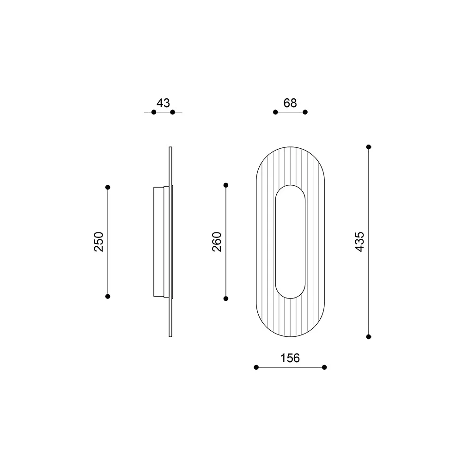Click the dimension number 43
coord(163,103)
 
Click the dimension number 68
coord(290,103)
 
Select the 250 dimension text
coord(99,241)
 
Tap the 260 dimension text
coord(217,241)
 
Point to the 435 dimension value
coord(360,241)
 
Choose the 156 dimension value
coord(290,358)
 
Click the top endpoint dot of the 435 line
coord(369,147)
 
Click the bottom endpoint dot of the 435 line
coord(369,336)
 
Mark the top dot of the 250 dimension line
coord(108,187)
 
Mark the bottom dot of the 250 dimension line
coord(108,296)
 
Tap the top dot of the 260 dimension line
coord(226,185)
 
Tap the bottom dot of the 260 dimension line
coord(226,298)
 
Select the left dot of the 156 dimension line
coord(256,367)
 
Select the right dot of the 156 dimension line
coord(324,367)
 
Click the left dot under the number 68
coord(275,112)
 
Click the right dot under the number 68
coord(305,112)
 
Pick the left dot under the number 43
coord(154,112)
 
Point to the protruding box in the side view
coord(158,241)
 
